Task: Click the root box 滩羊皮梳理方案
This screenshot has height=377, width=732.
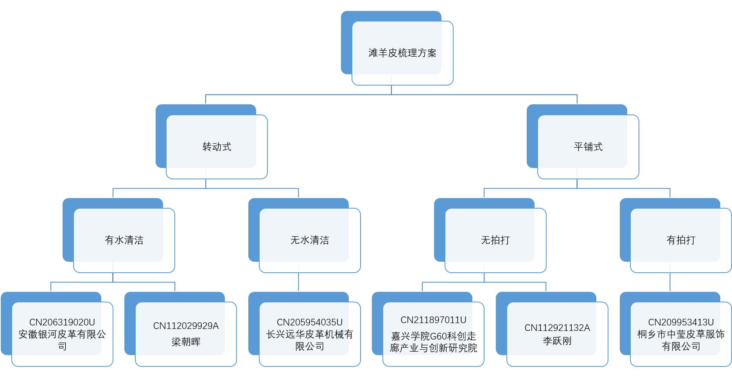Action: [402, 53]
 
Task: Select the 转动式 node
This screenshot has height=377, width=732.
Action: [217, 147]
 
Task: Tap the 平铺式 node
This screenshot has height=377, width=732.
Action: [588, 147]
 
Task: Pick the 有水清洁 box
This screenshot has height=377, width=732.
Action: [124, 240]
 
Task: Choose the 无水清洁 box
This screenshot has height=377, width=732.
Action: [310, 240]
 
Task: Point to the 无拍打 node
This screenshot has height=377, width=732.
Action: [495, 240]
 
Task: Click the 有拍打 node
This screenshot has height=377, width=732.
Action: [681, 240]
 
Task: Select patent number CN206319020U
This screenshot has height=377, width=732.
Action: [62, 322]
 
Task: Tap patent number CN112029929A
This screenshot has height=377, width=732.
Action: [186, 326]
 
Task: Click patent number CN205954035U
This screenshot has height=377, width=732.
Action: [310, 322]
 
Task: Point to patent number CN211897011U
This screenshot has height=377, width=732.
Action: [433, 320]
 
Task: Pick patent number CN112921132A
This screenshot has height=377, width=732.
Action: [557, 328]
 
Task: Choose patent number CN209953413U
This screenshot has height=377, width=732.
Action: [681, 322]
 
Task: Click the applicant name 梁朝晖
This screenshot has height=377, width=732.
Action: [186, 342]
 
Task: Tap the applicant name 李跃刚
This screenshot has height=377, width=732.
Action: [557, 341]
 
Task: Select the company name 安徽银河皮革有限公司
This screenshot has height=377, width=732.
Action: [62, 340]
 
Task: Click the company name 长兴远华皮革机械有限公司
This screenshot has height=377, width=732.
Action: [310, 340]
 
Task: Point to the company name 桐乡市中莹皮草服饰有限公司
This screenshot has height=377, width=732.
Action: [681, 340]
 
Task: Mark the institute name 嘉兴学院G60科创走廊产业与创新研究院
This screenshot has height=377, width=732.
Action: [433, 342]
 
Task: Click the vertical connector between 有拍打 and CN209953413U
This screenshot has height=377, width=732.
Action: [670, 282]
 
